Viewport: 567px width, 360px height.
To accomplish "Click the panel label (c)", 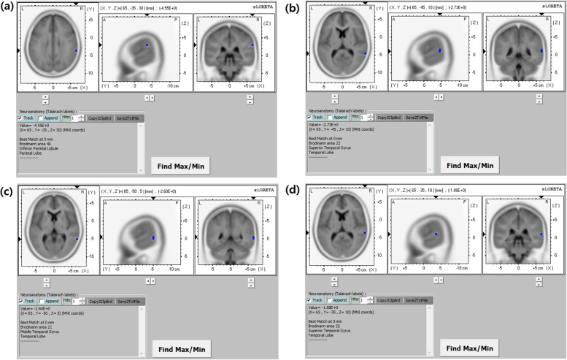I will pos(7,192).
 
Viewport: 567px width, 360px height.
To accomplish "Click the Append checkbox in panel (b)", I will pos(330,117).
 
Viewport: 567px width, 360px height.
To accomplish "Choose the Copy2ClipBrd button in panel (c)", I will pos(101,300).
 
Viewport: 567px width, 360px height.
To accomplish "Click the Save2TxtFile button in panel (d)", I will pos(418,300).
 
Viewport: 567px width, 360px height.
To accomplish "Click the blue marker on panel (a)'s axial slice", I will pos(76,50).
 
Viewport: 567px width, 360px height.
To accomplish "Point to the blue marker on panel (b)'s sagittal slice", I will pos(440,50).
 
